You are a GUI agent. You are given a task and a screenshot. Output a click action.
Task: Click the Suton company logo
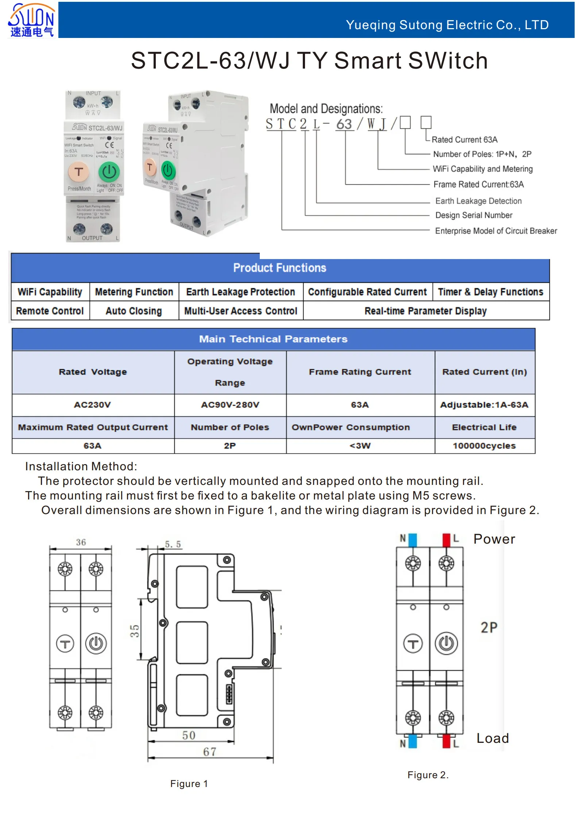[31, 20]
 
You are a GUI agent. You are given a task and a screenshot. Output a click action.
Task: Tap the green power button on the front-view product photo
[109, 172]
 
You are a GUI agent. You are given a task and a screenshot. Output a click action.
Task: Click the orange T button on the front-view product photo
[78, 172]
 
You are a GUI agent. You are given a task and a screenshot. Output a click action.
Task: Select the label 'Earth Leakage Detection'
[478, 201]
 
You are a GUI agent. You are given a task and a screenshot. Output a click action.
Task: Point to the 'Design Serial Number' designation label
[474, 215]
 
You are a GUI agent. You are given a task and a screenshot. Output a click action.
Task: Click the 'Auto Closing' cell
[134, 311]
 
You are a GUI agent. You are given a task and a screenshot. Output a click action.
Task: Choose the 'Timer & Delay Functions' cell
[490, 292]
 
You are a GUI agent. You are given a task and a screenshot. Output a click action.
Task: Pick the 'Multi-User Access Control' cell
[240, 311]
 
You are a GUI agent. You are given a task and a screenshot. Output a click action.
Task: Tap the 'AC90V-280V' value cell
[230, 405]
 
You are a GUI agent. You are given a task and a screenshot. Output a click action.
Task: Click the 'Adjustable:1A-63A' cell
[484, 405]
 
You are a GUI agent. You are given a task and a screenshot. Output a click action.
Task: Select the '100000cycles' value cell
[484, 445]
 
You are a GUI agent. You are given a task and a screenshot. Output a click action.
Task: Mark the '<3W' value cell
[360, 445]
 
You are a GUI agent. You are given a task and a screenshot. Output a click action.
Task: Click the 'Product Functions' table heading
[279, 268]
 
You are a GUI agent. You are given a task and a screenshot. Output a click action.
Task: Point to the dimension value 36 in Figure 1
[81, 542]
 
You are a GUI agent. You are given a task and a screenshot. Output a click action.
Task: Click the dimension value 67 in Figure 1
[209, 752]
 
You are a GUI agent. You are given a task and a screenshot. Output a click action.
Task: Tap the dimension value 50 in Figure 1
[189, 735]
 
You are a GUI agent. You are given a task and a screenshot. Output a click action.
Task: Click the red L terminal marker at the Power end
[446, 540]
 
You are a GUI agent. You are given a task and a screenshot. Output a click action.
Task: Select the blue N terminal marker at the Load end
[413, 741]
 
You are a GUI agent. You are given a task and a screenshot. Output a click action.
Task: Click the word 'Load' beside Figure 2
[493, 738]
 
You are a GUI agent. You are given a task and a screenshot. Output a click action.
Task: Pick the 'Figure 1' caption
[189, 784]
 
